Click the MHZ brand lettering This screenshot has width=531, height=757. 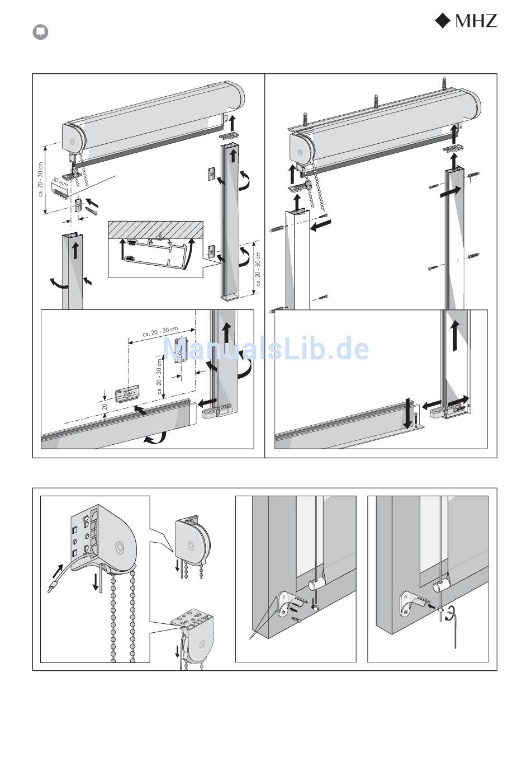point(476,21)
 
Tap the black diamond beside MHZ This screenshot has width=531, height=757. point(442,21)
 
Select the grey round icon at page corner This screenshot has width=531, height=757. point(40,32)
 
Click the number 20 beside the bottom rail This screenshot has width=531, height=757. point(105,406)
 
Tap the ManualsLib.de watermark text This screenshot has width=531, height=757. point(266,349)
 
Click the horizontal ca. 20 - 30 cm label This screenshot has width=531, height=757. point(160,332)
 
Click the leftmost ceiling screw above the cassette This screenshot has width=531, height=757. point(306,119)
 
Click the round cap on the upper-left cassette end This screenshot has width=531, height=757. point(72,141)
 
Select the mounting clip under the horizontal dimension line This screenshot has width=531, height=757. point(181,350)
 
